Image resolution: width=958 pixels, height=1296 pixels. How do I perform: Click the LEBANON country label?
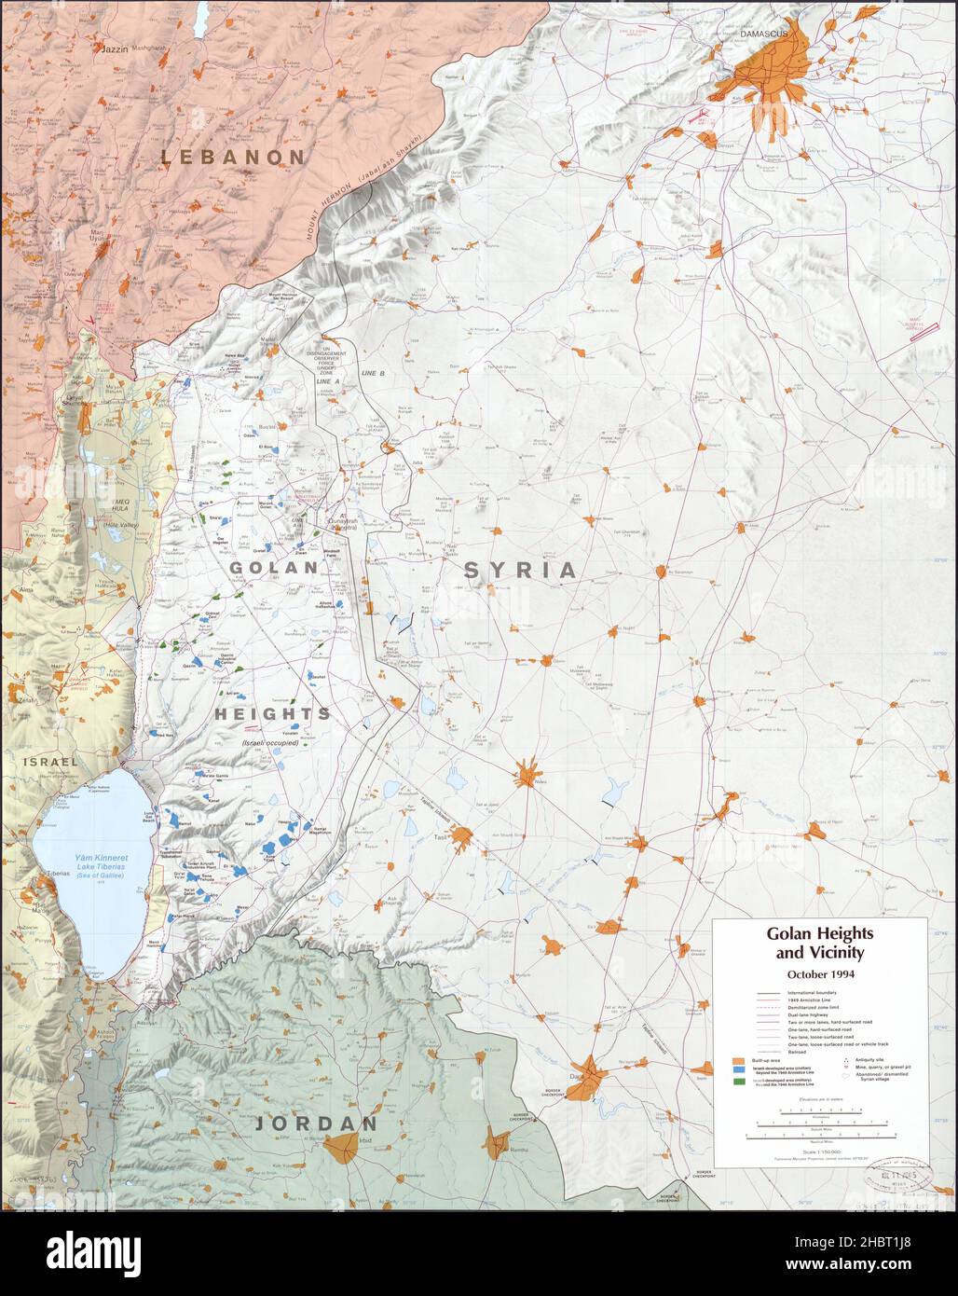pos(233,157)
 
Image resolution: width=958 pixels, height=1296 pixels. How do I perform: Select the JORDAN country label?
pos(317,1124)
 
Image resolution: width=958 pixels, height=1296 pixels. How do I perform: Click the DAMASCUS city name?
pos(763,34)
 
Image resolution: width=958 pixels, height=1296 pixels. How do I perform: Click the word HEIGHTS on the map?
pos(272,713)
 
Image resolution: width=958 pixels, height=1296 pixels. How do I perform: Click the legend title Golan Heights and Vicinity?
pos(815,942)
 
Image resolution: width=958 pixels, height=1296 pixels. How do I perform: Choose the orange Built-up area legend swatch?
pos(738,1062)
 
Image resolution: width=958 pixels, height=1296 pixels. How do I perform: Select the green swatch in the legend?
pos(738,1082)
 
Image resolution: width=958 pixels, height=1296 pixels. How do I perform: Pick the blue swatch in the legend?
pos(738,1072)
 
